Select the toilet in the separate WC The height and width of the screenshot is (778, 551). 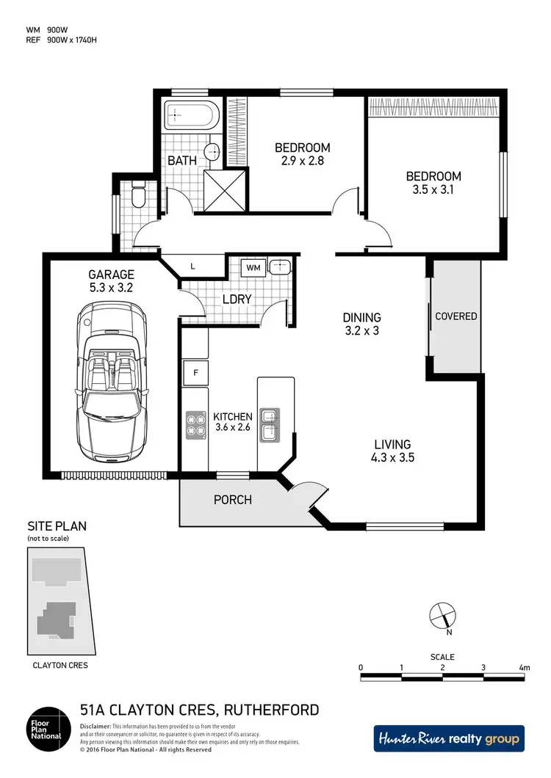pos(137,197)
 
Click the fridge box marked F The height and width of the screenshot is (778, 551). pos(196,371)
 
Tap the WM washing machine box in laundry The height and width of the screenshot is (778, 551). pos(254,266)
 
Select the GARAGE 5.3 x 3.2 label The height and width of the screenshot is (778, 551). pos(110,282)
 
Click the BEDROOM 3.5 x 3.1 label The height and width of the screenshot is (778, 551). pos(434,183)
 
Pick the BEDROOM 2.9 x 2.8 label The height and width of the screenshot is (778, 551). pos(302,154)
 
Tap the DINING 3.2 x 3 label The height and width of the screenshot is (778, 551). pos(361,324)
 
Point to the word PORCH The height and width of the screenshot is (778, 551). pos(232,500)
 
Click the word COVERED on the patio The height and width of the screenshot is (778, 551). pos(455,316)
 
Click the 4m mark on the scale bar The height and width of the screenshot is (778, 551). pos(524,667)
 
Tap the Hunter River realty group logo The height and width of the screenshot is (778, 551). pos(449,738)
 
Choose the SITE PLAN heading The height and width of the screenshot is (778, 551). pos(57,526)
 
